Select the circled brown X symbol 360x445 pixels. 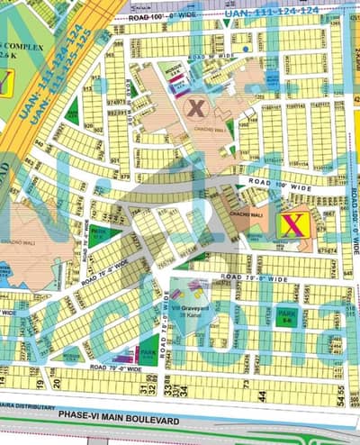195,107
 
